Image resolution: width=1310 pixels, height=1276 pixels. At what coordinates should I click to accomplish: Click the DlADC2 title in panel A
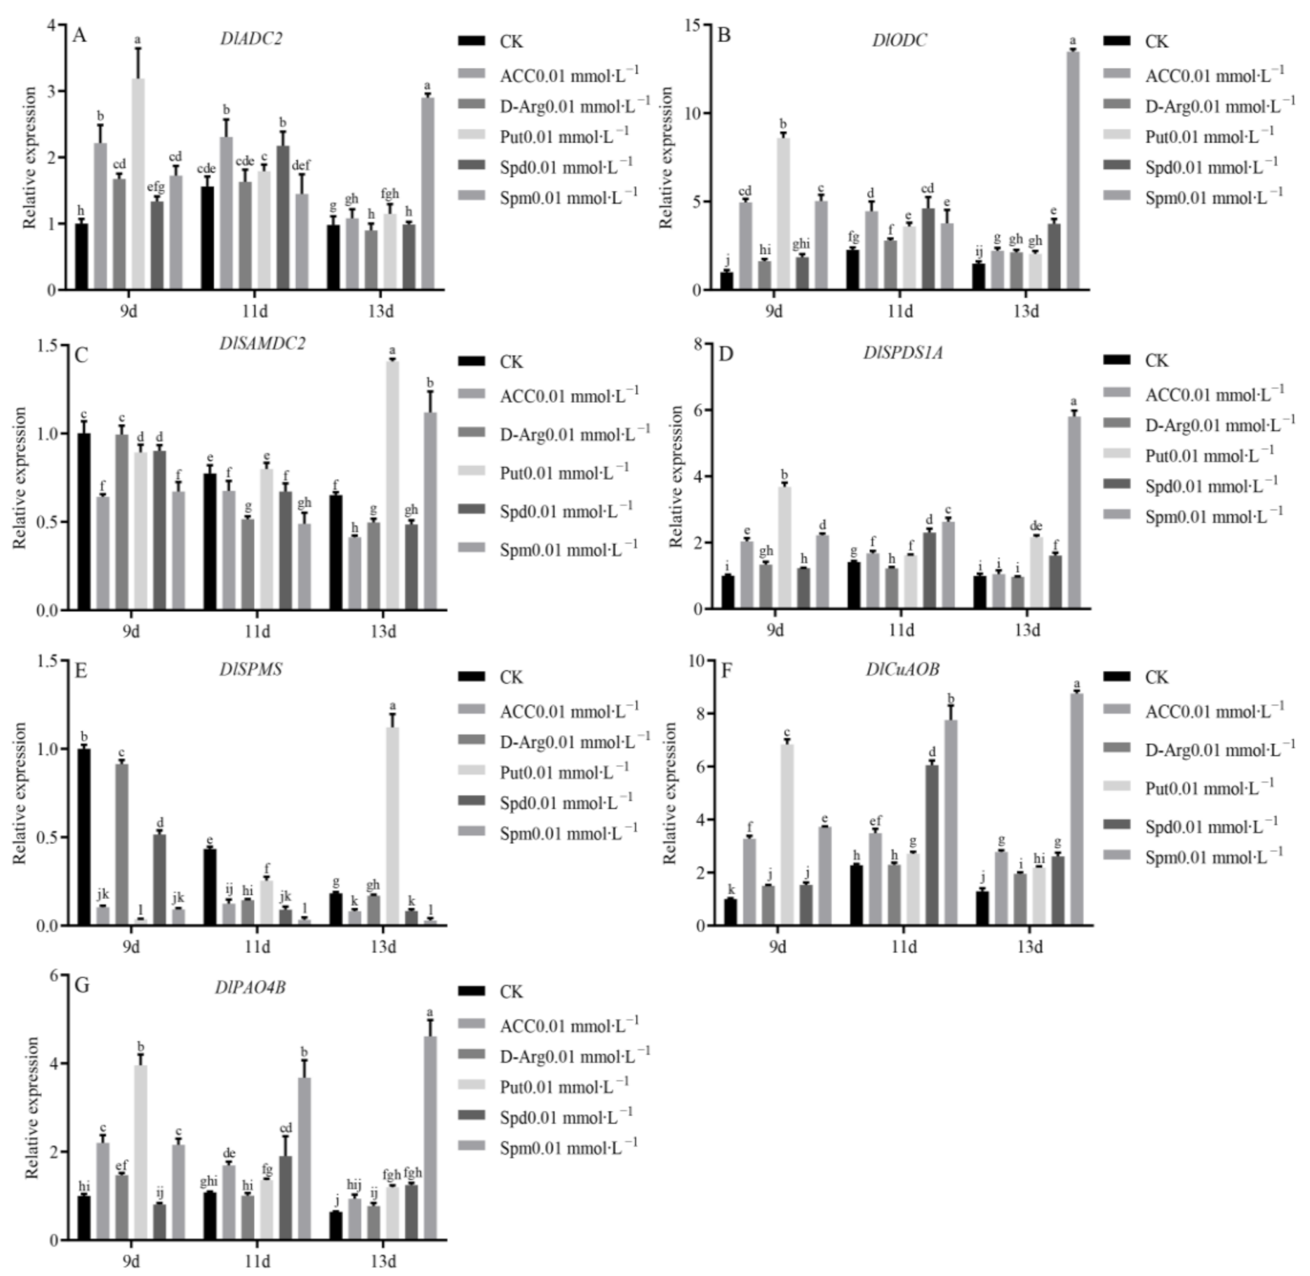[x=250, y=39]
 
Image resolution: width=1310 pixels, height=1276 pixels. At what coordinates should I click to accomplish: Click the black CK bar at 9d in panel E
[x=84, y=837]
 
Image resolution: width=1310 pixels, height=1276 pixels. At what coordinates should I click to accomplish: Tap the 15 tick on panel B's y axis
[x=693, y=25]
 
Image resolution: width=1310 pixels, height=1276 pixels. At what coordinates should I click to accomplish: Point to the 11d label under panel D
[x=901, y=630]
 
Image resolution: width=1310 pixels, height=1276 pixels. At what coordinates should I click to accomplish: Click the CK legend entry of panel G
[x=511, y=992]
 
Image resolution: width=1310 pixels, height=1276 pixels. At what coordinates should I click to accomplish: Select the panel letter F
[x=726, y=671]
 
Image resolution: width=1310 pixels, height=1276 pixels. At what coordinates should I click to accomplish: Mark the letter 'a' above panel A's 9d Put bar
[x=138, y=40]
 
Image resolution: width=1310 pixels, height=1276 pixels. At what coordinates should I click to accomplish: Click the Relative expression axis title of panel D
[x=676, y=477]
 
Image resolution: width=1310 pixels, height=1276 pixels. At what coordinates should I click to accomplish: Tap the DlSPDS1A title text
[x=902, y=352]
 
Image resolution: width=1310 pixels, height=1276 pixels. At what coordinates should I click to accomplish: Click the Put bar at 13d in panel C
[x=392, y=485]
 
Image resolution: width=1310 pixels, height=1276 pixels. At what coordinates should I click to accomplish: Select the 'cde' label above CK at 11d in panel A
[x=206, y=169]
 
